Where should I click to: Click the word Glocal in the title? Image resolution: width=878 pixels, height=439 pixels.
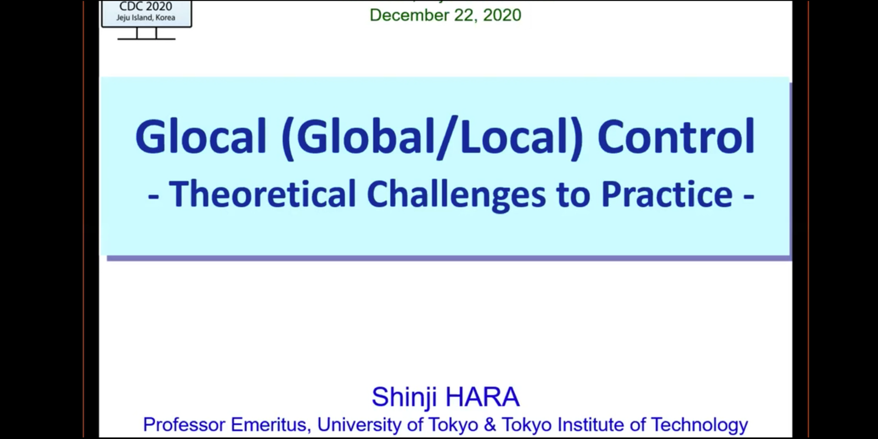click(x=201, y=137)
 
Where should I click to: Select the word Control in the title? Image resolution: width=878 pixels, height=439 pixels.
click(x=676, y=136)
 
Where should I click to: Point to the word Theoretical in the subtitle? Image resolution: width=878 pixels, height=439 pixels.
click(x=262, y=194)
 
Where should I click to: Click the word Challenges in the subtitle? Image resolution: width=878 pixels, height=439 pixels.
click(x=456, y=195)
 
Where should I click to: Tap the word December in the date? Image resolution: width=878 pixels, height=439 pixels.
click(x=409, y=15)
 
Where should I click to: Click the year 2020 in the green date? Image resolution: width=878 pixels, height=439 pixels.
click(x=502, y=15)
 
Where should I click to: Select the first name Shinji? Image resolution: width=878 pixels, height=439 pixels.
click(x=404, y=398)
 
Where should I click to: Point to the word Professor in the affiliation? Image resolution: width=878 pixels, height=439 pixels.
click(x=184, y=425)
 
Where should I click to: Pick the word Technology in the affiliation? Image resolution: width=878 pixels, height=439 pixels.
click(x=699, y=425)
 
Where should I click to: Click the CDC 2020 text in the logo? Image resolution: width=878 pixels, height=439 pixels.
click(x=146, y=6)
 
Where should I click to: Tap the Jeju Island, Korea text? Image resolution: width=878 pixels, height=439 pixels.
click(x=146, y=18)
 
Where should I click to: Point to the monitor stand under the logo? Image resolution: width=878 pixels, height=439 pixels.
click(x=146, y=33)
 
